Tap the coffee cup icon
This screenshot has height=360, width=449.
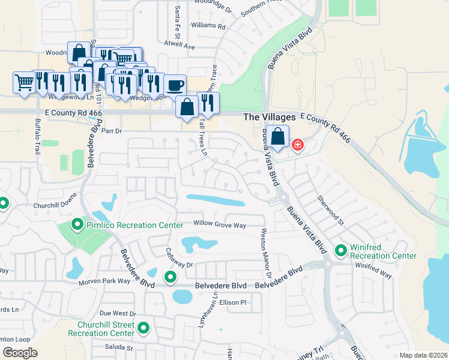pyautogui.click(x=175, y=85)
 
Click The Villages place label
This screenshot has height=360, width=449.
pyautogui.click(x=269, y=118)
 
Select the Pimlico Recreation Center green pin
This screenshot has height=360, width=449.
pyautogui.click(x=77, y=225)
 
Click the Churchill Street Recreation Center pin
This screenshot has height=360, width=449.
pyautogui.click(x=143, y=328)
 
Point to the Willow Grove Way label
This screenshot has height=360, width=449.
pyautogui.click(x=220, y=225)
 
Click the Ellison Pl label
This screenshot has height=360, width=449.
pyautogui.click(x=234, y=302)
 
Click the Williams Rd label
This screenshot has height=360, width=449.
pyautogui.click(x=208, y=26)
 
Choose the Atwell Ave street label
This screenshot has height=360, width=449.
pyautogui.click(x=179, y=46)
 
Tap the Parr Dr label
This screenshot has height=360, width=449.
pyautogui.click(x=112, y=130)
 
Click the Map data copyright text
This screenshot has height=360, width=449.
pyautogui.click(x=423, y=355)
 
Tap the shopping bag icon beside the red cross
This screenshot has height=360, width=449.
pyautogui.click(x=278, y=136)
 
